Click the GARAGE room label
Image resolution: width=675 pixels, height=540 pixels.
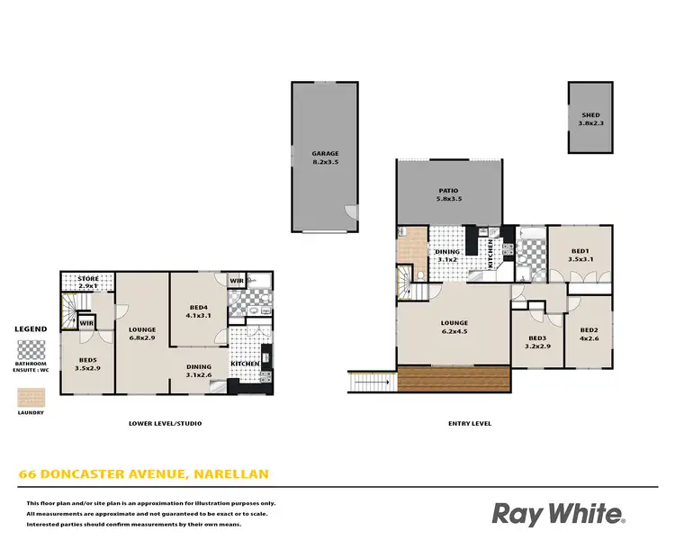326,154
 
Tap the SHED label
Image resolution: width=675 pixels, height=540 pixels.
590,116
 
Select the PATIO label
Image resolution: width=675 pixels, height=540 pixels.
448,191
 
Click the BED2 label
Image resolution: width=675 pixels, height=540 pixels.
589,329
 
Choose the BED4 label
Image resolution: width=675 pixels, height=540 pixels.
199,308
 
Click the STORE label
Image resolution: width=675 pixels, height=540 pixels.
88,279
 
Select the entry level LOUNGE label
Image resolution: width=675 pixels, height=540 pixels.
454,323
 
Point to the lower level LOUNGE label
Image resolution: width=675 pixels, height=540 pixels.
143,329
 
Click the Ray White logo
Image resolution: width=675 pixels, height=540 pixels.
557,514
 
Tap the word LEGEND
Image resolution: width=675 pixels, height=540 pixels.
31,329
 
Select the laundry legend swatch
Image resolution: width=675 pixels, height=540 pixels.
31,397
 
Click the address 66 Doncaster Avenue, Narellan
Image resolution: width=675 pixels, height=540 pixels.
144,473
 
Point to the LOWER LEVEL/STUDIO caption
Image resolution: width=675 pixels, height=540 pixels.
166,423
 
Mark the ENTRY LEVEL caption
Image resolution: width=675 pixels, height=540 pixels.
470,423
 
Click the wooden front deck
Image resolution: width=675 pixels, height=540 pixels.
454,379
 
